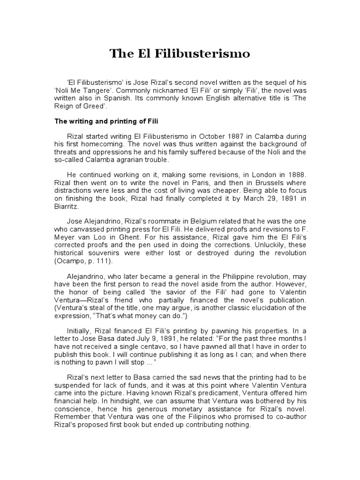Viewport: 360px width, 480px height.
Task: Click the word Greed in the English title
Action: [100, 106]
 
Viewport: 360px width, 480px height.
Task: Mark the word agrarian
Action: [134, 160]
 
